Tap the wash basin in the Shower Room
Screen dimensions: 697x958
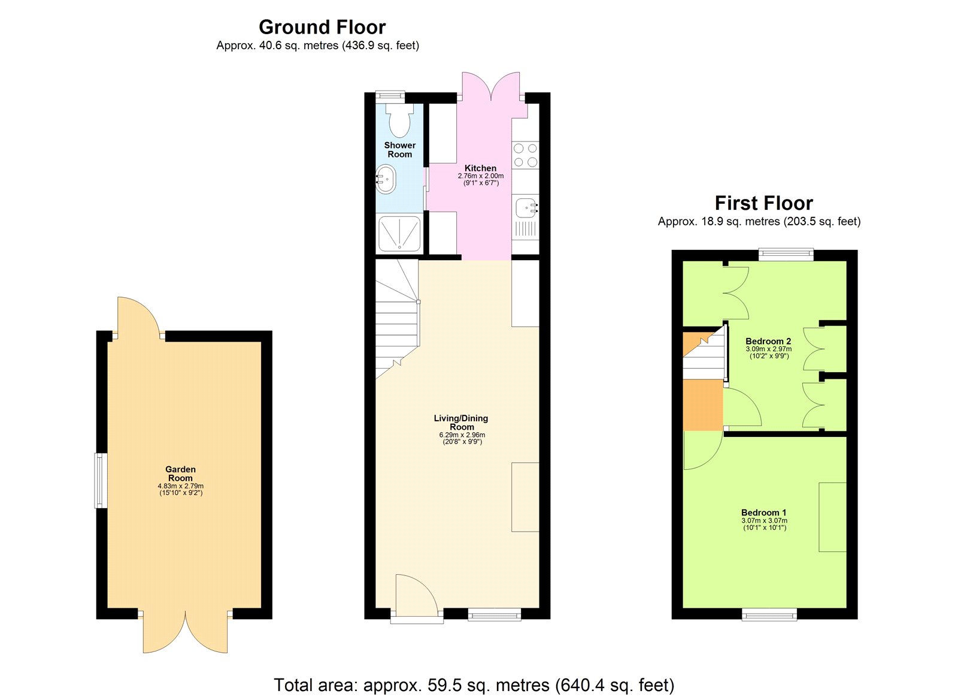click(x=385, y=179)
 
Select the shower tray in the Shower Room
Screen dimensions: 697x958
click(x=399, y=234)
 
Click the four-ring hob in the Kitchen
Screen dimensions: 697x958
click(x=525, y=155)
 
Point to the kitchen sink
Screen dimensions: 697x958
click(x=525, y=207)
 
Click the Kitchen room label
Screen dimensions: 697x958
click(x=480, y=168)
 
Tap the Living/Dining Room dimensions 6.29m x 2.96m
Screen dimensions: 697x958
click(x=462, y=435)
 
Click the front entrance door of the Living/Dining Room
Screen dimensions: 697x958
click(x=417, y=596)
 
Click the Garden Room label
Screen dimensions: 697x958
click(x=180, y=473)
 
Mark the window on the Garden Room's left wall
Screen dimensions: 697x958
click(x=101, y=481)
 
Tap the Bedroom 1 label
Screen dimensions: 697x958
click(x=763, y=512)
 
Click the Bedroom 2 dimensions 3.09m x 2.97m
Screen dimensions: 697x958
click(x=768, y=349)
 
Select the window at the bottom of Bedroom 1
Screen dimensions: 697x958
click(x=769, y=614)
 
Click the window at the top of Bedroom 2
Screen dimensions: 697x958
click(x=786, y=255)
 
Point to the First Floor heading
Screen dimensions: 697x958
click(x=763, y=203)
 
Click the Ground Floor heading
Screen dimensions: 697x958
click(x=322, y=27)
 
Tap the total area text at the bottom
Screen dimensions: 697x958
click(x=474, y=684)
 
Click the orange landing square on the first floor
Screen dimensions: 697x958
click(x=703, y=405)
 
